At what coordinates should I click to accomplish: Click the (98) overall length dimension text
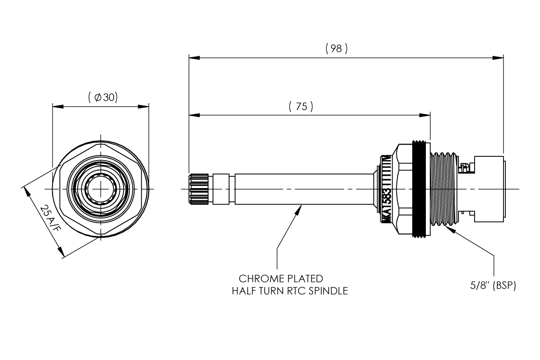(336, 49)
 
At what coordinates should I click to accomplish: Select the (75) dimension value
(301, 107)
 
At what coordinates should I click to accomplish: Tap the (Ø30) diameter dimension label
(103, 98)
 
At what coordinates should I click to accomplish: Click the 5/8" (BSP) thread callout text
(493, 285)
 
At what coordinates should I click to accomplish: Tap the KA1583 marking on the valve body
(387, 207)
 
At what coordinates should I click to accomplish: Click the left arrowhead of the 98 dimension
(194, 58)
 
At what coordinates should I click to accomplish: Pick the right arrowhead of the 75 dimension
(424, 115)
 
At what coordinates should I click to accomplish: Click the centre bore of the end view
(100, 189)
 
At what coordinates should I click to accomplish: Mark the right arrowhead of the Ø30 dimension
(143, 106)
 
